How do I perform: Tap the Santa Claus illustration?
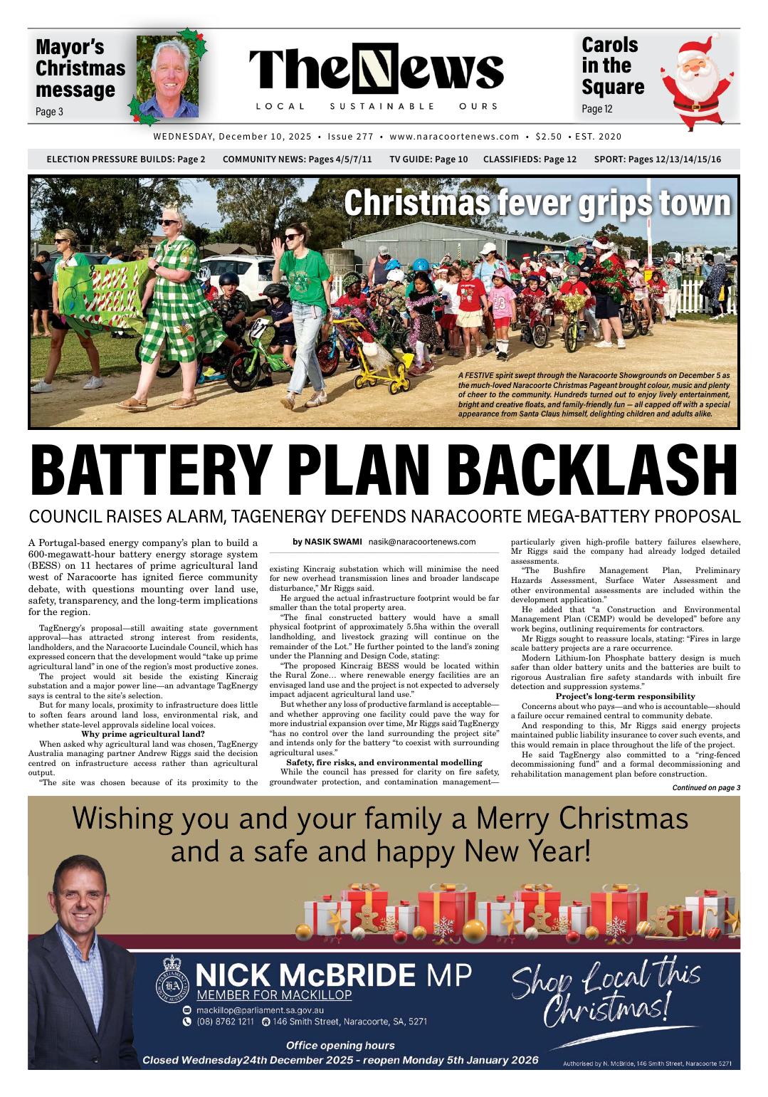[691, 82]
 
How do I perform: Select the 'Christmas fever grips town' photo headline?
[537, 204]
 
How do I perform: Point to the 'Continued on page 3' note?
[706, 787]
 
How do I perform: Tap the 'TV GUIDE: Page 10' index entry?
[428, 159]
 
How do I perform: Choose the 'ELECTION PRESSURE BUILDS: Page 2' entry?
[125, 159]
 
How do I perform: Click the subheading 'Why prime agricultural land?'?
[143, 734]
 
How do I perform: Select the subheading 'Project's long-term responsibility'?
[625, 696]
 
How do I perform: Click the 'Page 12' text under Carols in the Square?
[596, 109]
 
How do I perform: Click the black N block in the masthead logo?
[379, 72]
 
